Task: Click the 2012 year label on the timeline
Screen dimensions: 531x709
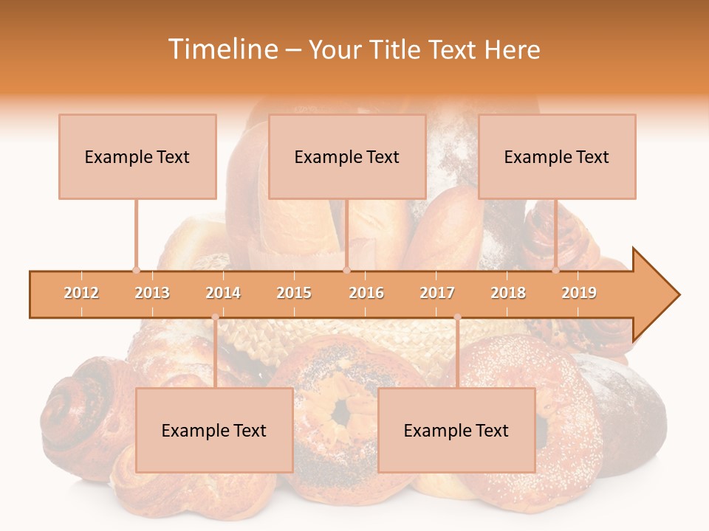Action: [x=81, y=293]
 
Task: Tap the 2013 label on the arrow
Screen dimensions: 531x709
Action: [x=152, y=293]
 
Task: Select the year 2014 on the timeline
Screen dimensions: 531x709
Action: [x=223, y=293]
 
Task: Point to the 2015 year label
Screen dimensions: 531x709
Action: [x=294, y=293]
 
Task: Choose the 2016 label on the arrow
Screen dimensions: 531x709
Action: [x=366, y=293]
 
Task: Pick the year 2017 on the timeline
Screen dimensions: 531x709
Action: [x=437, y=293]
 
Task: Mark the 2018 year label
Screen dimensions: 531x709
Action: [x=508, y=293]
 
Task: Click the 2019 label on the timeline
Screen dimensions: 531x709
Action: [x=579, y=293]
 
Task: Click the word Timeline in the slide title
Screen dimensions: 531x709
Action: [x=222, y=49]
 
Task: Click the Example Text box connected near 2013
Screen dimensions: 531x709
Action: [x=137, y=156]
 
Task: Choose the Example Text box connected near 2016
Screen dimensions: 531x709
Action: [x=347, y=156]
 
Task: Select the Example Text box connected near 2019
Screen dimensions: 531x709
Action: [x=557, y=156]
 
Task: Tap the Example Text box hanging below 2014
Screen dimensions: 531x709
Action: [x=214, y=430]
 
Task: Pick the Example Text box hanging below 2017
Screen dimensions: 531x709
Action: [x=456, y=430]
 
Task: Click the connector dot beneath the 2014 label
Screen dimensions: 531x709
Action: [x=215, y=317]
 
